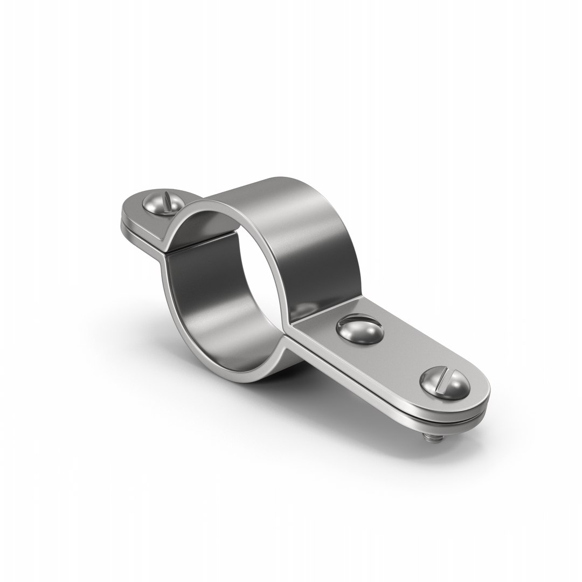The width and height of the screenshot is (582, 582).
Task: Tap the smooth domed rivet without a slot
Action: [x=359, y=329]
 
